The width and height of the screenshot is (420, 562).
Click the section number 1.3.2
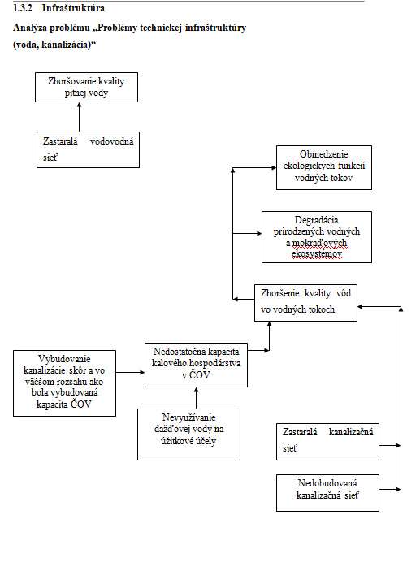(23, 8)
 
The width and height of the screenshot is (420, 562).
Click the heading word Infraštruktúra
(73, 8)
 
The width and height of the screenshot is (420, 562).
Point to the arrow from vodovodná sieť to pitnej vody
(80, 117)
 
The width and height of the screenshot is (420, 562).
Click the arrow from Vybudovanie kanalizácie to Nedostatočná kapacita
(130, 373)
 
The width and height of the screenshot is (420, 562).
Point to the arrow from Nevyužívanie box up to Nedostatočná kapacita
(197, 398)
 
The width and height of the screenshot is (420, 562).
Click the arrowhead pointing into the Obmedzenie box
(274, 168)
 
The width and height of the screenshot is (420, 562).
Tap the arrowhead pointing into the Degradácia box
(259, 234)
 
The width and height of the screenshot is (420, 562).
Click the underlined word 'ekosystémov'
(317, 253)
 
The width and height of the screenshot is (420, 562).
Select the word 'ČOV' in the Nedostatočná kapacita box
(199, 375)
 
